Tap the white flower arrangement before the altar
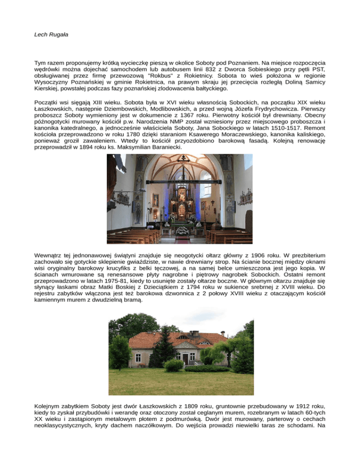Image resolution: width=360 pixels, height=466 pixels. click(181, 230)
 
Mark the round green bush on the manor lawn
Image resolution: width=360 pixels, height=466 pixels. click(174, 365)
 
